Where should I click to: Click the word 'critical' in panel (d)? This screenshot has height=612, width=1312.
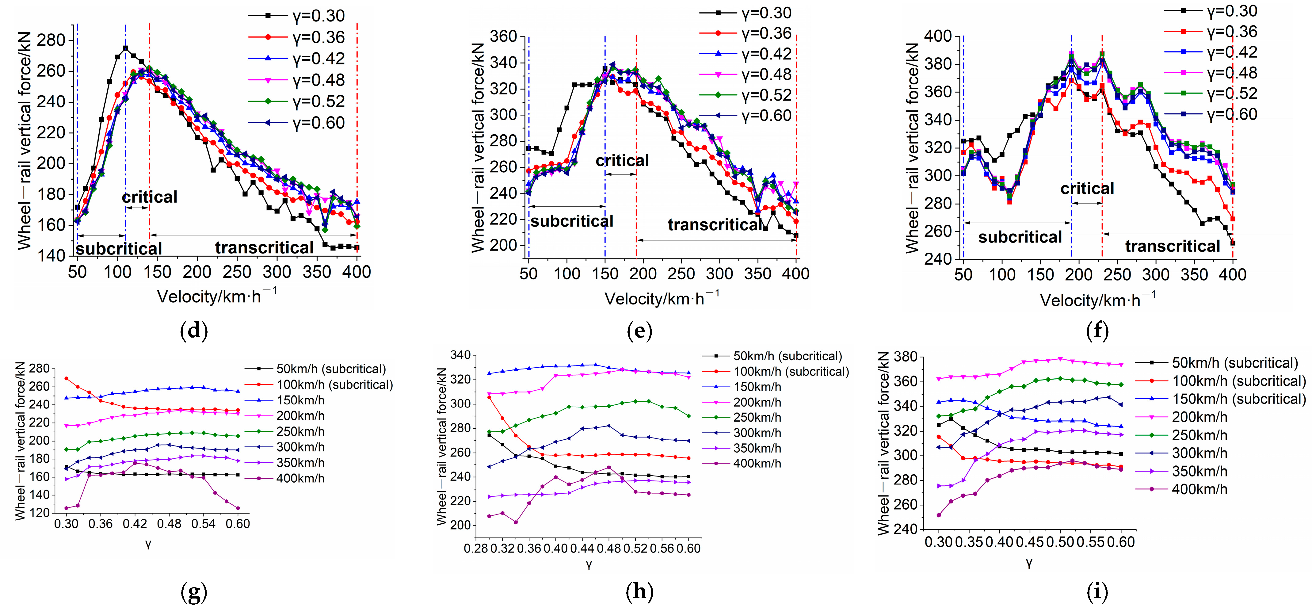pyautogui.click(x=150, y=197)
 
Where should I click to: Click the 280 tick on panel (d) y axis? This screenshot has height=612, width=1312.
pyautogui.click(x=51, y=40)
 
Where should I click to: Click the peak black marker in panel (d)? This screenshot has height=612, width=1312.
pyautogui.click(x=125, y=48)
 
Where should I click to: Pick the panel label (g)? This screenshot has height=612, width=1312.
pyautogui.click(x=194, y=592)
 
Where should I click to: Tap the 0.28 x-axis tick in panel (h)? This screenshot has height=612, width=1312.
pyautogui.click(x=475, y=549)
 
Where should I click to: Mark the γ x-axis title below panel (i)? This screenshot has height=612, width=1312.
pyautogui.click(x=1029, y=563)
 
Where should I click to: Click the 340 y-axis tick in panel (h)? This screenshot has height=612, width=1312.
pyautogui.click(x=461, y=355)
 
